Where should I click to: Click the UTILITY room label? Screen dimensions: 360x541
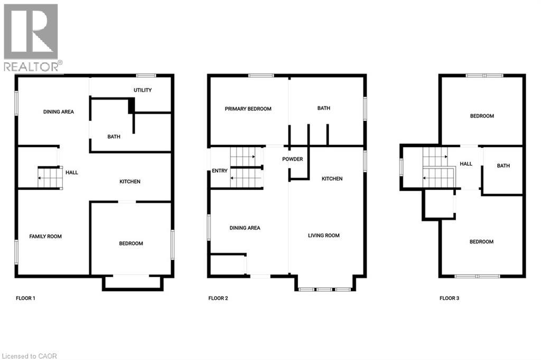tap(143, 90)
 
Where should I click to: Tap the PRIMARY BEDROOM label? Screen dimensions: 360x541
tap(248, 109)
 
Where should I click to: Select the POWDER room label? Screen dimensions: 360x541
tap(292, 159)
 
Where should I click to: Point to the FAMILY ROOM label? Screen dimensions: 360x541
tap(45, 236)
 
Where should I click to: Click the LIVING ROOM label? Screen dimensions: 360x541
tap(324, 235)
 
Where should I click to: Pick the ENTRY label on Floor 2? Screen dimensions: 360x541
tap(220, 171)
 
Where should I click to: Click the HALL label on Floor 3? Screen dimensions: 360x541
tap(466, 164)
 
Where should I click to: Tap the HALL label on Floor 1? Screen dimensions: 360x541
tap(72, 172)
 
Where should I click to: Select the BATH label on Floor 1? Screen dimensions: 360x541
tap(114, 137)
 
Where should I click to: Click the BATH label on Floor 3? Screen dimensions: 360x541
tap(503, 166)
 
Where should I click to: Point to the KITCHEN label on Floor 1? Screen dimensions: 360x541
tap(130, 182)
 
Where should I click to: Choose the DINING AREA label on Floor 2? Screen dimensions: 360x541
tap(245, 228)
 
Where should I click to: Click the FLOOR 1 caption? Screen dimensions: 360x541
tap(25, 298)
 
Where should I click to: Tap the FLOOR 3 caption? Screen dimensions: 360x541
tap(449, 298)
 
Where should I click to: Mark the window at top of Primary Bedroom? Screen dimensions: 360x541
tap(261, 76)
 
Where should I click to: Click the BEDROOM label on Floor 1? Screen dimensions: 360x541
tap(131, 243)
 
